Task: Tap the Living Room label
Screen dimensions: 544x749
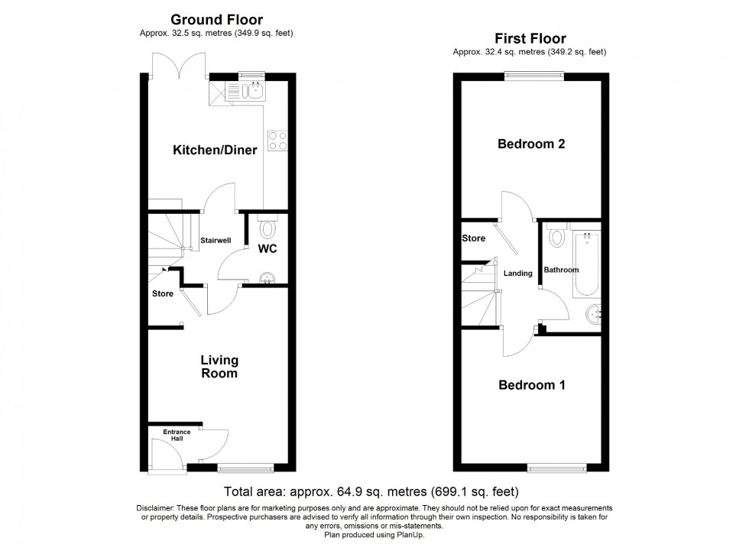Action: tap(219, 367)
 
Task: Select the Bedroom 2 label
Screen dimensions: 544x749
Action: tap(531, 144)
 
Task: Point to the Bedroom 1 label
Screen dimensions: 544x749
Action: tap(531, 385)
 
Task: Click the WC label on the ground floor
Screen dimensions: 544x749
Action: tap(267, 249)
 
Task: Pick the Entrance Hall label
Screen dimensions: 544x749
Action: tap(177, 436)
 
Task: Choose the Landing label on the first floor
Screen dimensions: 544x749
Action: tap(518, 273)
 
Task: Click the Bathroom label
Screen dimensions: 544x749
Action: tap(561, 270)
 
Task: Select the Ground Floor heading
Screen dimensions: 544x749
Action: tap(216, 19)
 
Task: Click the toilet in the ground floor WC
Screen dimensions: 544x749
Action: tap(267, 227)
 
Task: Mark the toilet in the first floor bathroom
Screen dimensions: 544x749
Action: tap(556, 236)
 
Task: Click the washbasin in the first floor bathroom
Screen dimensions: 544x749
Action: tap(593, 314)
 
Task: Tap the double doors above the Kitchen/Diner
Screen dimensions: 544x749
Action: tap(178, 66)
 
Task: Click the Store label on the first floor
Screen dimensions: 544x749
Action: tap(474, 238)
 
